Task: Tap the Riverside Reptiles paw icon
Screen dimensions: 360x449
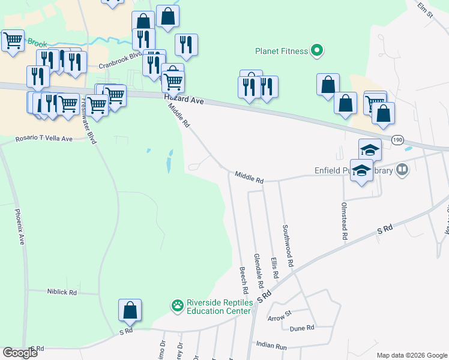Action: click(x=177, y=307)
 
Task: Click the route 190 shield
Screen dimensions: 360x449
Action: click(x=397, y=139)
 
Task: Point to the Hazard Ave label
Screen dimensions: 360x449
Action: click(x=184, y=101)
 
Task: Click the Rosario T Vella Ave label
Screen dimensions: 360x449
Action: click(x=44, y=139)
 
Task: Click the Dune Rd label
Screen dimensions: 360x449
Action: click(x=303, y=328)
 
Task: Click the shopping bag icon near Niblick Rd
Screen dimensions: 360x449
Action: click(x=130, y=310)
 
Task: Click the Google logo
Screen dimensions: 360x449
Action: click(x=20, y=353)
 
